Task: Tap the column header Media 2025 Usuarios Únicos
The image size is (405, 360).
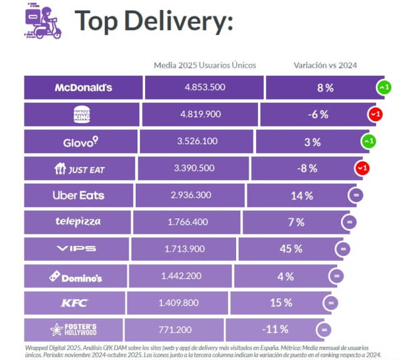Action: coord(205,65)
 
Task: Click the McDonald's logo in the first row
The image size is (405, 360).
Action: coord(84,87)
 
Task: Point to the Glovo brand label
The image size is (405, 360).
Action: coord(81,142)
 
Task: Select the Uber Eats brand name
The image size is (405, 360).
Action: coord(78,195)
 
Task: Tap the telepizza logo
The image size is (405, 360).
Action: coord(77,221)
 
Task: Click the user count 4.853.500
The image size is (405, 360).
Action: coord(205,87)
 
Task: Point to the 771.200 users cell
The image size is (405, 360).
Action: coord(175,329)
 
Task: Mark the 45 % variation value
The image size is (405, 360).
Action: coord(291,249)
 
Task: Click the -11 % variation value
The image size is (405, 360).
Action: coord(275,329)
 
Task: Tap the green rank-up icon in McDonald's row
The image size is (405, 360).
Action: coord(384,88)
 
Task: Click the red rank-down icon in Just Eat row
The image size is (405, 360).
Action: coord(362,168)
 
